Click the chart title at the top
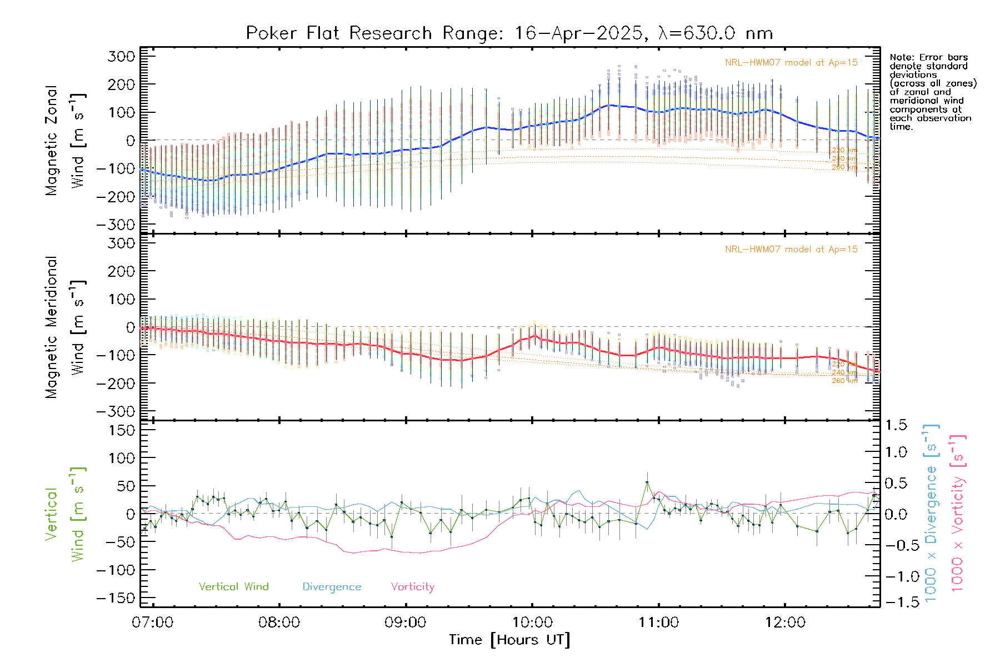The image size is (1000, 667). [x=509, y=33]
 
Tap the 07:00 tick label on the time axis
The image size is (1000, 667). [x=153, y=623]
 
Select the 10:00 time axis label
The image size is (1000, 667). [x=532, y=623]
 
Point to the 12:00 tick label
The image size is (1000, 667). [x=785, y=623]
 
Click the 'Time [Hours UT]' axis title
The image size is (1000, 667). [x=509, y=640]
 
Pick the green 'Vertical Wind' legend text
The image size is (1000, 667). [x=233, y=587]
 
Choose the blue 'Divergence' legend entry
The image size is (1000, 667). [x=332, y=587]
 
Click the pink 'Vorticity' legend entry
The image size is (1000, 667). [x=412, y=587]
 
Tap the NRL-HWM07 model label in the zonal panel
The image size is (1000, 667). [x=791, y=63]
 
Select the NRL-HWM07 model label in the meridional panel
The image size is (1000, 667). [x=791, y=250]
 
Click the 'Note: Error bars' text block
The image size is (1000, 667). [x=933, y=92]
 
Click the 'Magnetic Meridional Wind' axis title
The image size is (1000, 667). [x=65, y=327]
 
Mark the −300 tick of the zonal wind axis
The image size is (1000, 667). [x=116, y=225]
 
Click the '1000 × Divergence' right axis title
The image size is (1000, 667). [x=931, y=512]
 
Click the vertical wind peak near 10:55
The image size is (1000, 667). [x=647, y=482]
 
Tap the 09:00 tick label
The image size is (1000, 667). [x=406, y=623]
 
